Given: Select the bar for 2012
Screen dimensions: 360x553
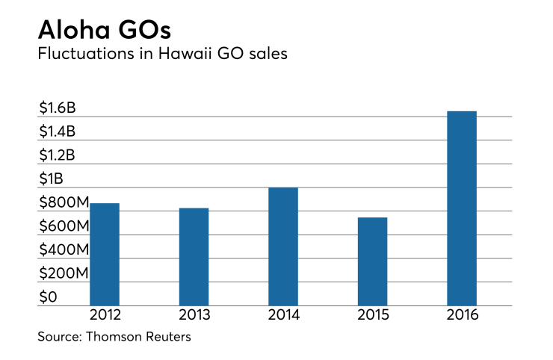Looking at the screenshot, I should (105, 254).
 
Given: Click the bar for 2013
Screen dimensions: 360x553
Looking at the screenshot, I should (194, 256).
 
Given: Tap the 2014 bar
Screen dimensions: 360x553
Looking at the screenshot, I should (283, 246).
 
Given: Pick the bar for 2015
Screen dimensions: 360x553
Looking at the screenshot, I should (372, 261).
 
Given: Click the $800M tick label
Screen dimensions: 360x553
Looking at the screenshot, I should (64, 202).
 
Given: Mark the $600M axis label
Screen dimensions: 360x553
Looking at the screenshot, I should (64, 226).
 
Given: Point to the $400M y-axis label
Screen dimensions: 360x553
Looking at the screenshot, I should (64, 249).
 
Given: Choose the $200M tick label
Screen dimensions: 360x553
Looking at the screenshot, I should (64, 273).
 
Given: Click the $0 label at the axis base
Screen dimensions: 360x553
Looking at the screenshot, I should (48, 297).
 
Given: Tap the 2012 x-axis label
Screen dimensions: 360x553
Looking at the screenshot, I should (105, 315).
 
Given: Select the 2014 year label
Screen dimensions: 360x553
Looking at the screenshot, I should (283, 315).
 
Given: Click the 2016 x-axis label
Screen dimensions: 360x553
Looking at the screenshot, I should (462, 315).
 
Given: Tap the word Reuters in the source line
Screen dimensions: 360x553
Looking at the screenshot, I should (167, 337).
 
